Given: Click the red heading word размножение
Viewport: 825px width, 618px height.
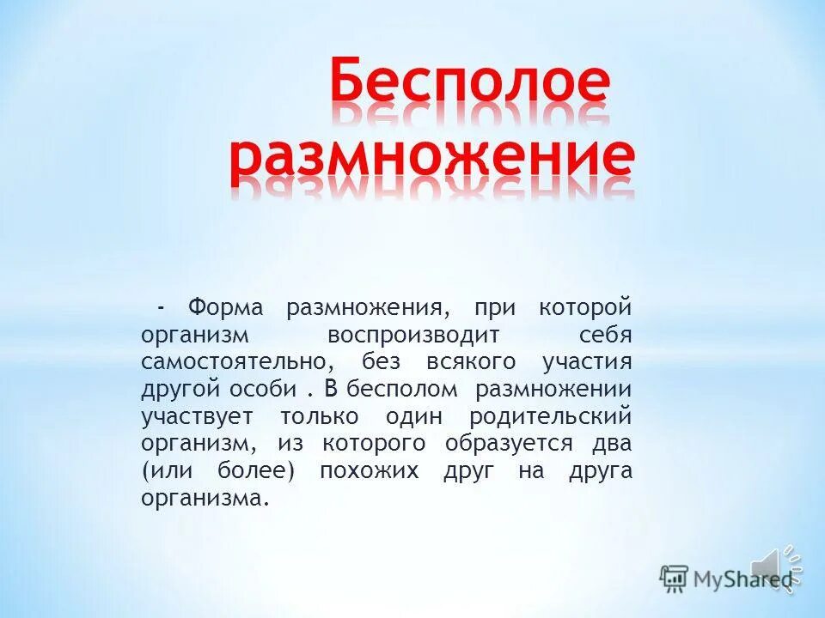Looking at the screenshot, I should coord(432,159).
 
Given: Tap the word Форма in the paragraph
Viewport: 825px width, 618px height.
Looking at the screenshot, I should coord(224,306).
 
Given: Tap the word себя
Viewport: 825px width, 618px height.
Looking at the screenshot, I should coord(606,334).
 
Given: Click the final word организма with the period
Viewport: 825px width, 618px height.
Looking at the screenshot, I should coord(205,499).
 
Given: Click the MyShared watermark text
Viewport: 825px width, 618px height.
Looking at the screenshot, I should coord(743,578).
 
